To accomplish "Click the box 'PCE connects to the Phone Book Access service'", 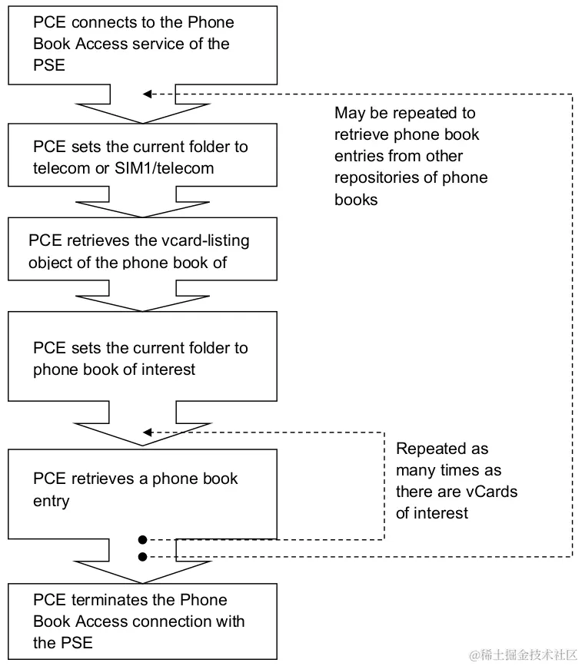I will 142,44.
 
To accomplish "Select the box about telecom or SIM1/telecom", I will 142,157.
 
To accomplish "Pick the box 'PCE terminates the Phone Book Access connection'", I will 142,621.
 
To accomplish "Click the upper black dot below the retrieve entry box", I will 142,539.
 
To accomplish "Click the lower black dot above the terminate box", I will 142,555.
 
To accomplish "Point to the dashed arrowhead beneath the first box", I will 148,94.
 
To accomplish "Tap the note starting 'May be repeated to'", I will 411,156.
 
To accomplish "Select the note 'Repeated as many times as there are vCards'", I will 456,480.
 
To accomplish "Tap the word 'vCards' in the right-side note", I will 491,492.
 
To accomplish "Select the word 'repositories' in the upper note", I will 374,177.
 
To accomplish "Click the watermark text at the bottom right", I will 523,653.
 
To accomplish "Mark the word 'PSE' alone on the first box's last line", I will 48,65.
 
